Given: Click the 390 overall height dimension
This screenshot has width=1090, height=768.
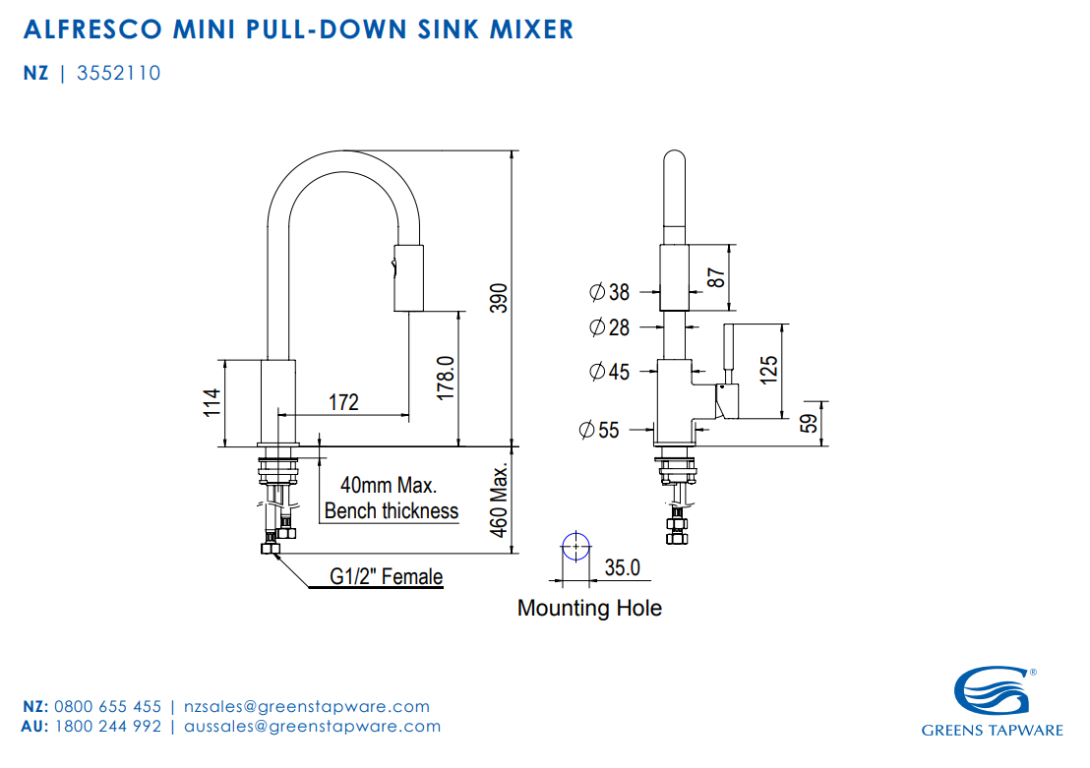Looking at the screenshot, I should [x=499, y=298].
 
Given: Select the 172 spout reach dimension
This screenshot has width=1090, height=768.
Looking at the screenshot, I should [x=343, y=402].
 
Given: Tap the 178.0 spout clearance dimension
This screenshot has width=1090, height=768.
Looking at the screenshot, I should [x=445, y=377].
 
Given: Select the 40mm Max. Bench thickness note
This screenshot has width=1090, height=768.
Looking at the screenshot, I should [x=391, y=499].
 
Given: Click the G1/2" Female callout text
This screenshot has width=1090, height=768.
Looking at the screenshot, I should [x=386, y=577].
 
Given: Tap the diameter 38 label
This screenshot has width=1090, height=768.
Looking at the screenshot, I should [x=609, y=292].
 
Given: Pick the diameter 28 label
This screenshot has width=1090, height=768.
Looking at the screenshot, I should [x=609, y=327].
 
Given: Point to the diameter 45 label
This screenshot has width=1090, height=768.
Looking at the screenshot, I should [x=609, y=372].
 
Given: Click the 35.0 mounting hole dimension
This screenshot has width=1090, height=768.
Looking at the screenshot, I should [x=622, y=567].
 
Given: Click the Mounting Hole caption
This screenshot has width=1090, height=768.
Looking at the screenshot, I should [x=589, y=608].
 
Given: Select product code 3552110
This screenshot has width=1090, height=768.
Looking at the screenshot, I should [x=118, y=74].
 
